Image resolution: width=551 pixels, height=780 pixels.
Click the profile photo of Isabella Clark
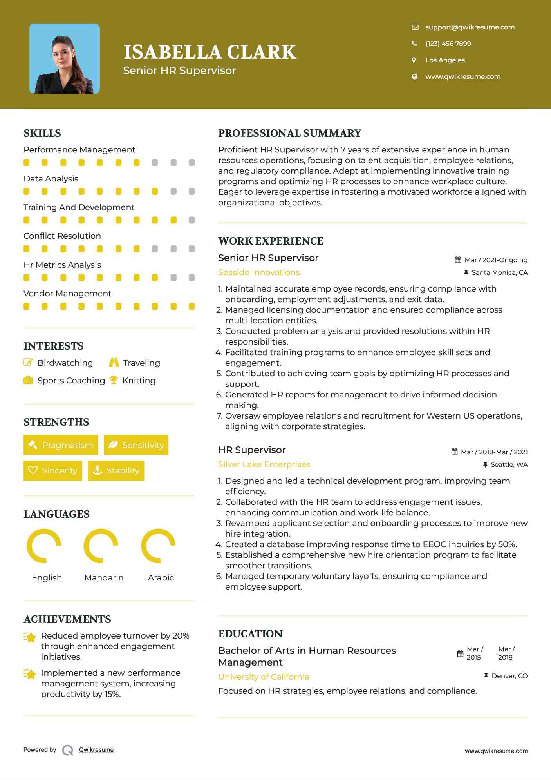coord(65,59)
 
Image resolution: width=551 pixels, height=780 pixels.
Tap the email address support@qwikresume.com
coord(470,27)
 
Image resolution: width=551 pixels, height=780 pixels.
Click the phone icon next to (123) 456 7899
coord(414,44)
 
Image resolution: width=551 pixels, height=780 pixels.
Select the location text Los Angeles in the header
coord(445,60)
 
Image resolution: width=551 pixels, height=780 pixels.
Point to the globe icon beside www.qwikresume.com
coord(414,76)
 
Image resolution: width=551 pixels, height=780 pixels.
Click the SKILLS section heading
coord(42,133)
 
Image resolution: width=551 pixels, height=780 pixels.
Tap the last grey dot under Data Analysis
coord(191,191)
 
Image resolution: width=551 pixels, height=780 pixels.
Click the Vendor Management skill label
coord(67,294)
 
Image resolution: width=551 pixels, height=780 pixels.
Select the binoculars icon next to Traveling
coord(114,363)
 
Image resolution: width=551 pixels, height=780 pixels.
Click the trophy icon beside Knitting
coord(114,380)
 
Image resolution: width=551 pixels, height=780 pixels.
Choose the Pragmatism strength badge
coord(61,445)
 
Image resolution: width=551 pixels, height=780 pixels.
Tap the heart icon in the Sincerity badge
coord(33,470)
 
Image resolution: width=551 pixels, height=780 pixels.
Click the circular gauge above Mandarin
coord(101,546)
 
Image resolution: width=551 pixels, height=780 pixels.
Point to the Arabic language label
coord(161,577)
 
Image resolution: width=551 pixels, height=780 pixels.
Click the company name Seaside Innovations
coord(259,272)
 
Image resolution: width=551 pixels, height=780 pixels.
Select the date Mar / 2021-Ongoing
coord(495,260)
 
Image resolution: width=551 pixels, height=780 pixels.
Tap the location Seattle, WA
coord(509,464)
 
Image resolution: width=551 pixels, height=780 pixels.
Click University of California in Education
coord(264,677)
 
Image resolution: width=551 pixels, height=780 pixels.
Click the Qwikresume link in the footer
coord(96,750)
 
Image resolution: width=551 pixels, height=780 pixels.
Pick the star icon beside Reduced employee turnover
coord(30,637)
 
